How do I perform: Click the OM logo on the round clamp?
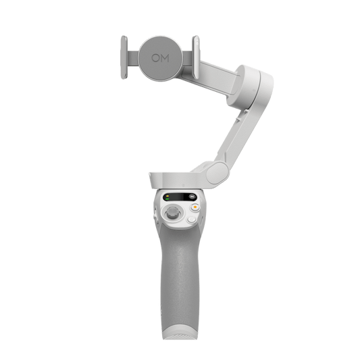160,58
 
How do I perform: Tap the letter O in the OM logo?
155,58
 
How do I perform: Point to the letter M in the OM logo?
165,58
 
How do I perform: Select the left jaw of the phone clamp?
124,57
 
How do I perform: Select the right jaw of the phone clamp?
196,57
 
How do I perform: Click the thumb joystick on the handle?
172,213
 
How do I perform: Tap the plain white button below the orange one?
191,220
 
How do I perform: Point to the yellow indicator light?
168,196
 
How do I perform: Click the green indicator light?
168,199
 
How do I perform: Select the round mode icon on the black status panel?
192,197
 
